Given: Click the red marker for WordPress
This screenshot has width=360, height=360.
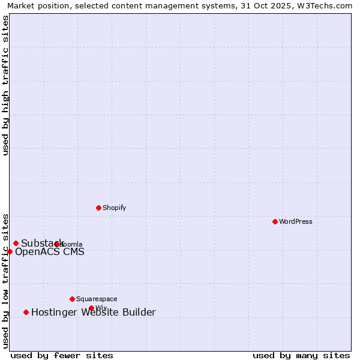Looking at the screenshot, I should [275, 221].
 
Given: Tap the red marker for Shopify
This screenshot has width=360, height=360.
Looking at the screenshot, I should [98, 208].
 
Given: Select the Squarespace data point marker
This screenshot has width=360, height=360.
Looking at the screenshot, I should [72, 299].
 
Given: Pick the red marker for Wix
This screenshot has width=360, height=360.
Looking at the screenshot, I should [91, 308].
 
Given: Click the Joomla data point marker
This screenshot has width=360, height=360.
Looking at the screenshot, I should [57, 244].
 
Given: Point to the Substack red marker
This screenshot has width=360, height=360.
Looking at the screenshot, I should [16, 243].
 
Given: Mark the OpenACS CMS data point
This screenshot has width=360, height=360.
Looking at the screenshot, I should [10, 251].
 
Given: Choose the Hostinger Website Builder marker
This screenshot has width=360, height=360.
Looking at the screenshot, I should [26, 312].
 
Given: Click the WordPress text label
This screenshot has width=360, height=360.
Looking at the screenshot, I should [296, 221].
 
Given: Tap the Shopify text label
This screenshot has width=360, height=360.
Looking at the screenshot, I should [114, 208].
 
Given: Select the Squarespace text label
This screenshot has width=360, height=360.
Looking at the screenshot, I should [97, 299].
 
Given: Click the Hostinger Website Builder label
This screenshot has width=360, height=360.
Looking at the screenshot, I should [93, 312].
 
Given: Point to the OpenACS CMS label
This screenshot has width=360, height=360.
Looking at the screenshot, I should [49, 251].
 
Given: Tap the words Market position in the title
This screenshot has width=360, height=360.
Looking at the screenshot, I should [35, 6].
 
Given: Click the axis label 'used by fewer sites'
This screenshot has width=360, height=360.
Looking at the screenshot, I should [62, 355].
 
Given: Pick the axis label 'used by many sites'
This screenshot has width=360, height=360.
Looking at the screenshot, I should [301, 355].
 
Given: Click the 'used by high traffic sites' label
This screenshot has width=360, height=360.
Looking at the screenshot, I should [6, 85].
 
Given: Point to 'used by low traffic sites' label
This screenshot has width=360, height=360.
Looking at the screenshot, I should [6, 281].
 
